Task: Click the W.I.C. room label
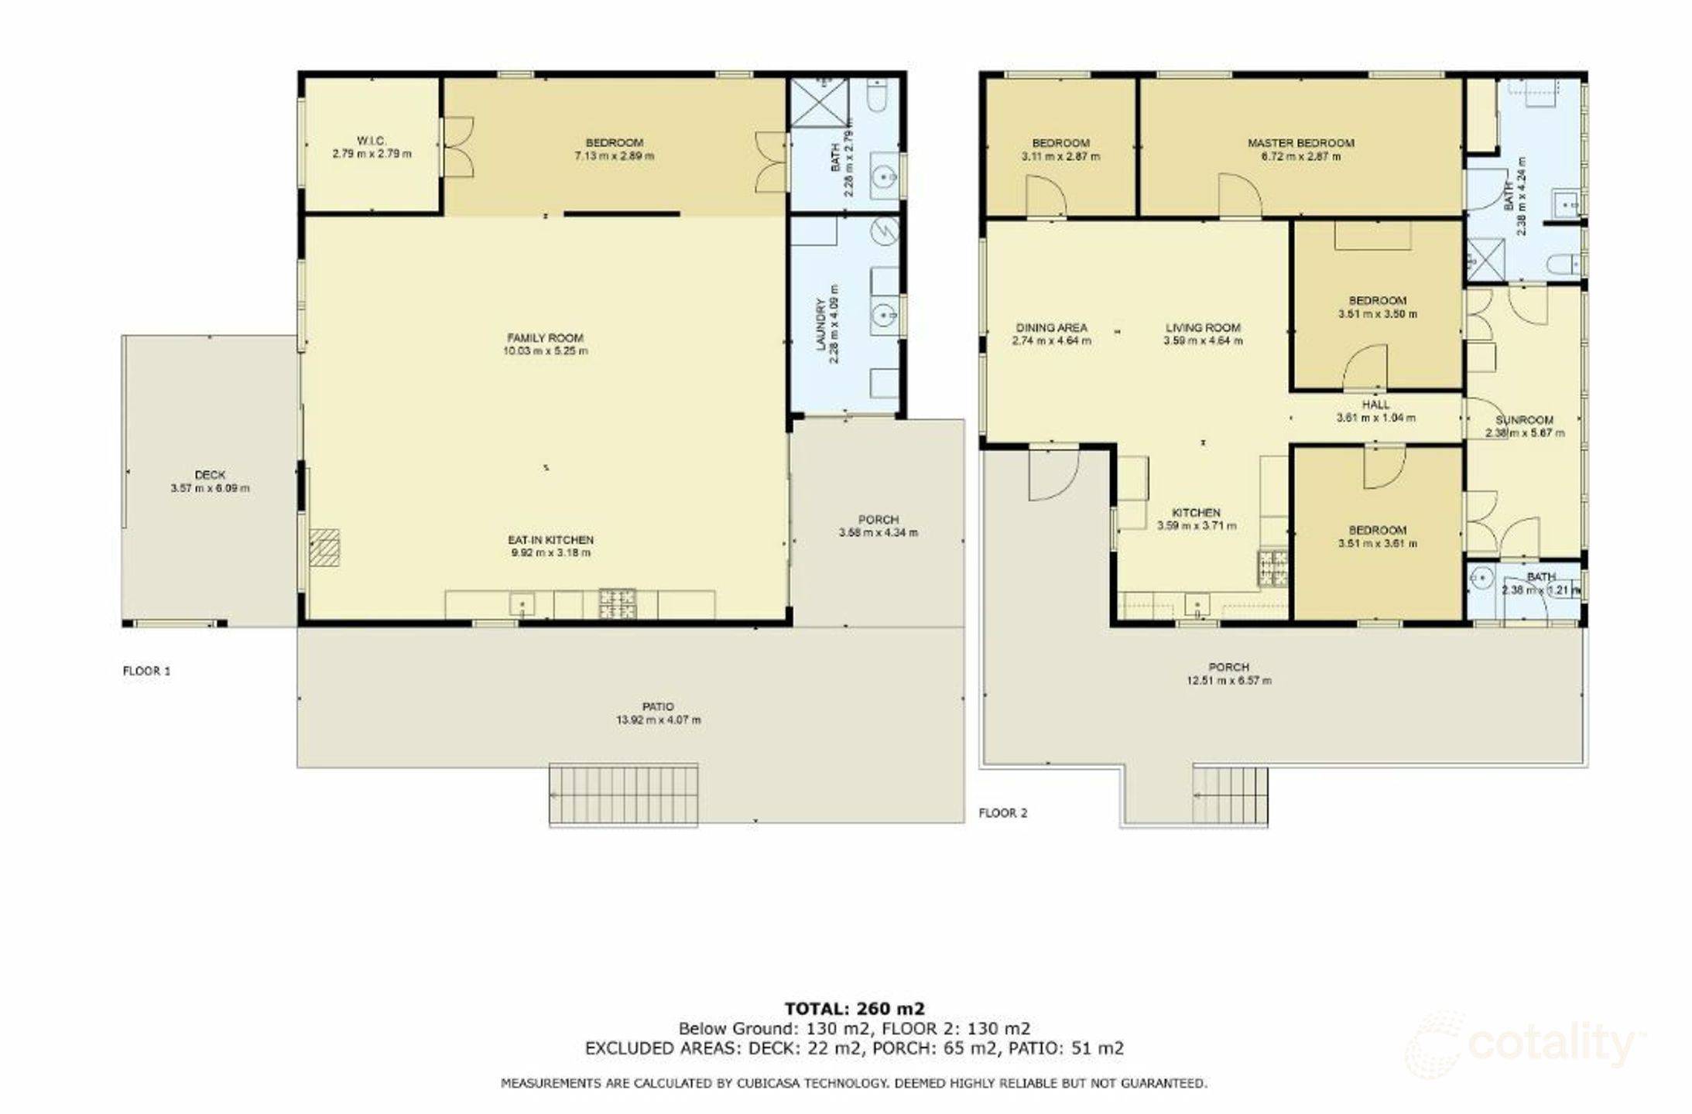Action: pos(372,141)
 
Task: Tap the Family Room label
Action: pos(545,338)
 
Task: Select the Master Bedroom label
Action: pos(1300,143)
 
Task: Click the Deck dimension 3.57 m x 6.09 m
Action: pos(210,489)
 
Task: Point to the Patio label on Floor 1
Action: pos(658,706)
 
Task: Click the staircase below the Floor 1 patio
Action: pos(624,794)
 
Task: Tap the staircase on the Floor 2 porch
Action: pos(1230,794)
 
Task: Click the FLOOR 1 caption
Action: pos(146,671)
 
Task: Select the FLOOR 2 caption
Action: pos(1003,813)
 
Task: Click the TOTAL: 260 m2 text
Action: pos(855,1009)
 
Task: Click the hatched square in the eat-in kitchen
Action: pos(325,548)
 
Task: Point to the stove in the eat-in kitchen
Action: pos(618,604)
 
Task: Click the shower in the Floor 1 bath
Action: pos(819,102)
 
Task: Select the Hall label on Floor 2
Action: pos(1375,405)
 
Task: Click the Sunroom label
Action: pos(1524,420)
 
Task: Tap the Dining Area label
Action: pos(1051,328)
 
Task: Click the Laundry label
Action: pos(821,325)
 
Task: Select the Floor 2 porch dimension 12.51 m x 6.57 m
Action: pos(1228,682)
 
